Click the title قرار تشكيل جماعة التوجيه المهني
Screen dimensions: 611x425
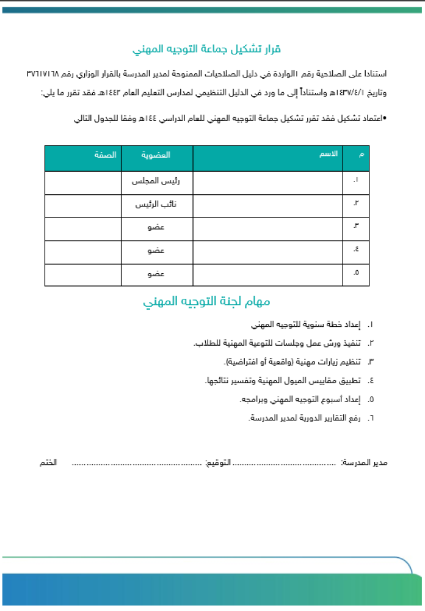(206, 49)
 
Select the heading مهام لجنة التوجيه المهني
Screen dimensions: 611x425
(206, 302)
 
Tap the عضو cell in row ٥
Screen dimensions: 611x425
(156, 274)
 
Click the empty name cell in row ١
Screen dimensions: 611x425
(267, 181)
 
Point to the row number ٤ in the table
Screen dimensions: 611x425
(356, 251)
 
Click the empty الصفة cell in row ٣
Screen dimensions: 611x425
(82, 228)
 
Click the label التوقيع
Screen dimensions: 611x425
(217, 463)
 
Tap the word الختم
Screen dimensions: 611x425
(48, 463)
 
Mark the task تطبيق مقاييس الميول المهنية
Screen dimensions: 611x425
(282, 381)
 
